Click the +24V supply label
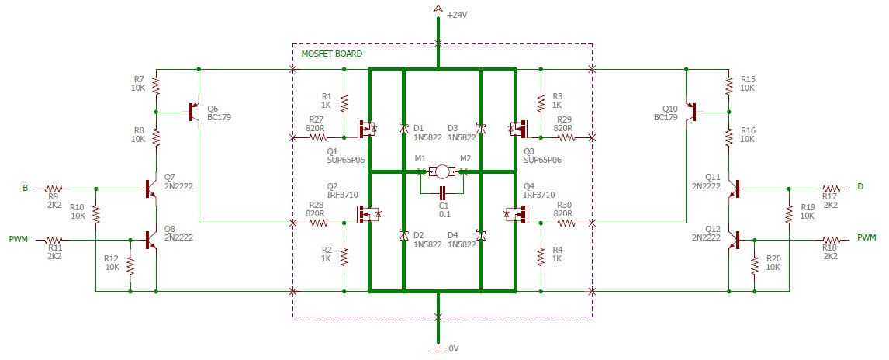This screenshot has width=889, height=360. tap(458, 14)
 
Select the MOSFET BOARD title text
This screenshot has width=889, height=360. tap(331, 54)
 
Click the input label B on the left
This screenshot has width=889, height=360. tap(25, 188)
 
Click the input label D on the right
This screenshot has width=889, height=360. tap(860, 187)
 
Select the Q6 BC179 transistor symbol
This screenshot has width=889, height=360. tap(194, 112)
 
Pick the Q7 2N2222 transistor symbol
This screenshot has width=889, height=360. tap(152, 188)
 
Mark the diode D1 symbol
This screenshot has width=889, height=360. tap(403, 128)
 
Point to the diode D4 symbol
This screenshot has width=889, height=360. tap(481, 235)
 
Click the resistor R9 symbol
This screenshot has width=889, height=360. tap(53, 188)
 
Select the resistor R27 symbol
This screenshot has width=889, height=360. tap(317, 138)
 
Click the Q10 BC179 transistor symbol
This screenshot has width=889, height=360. tap(692, 112)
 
